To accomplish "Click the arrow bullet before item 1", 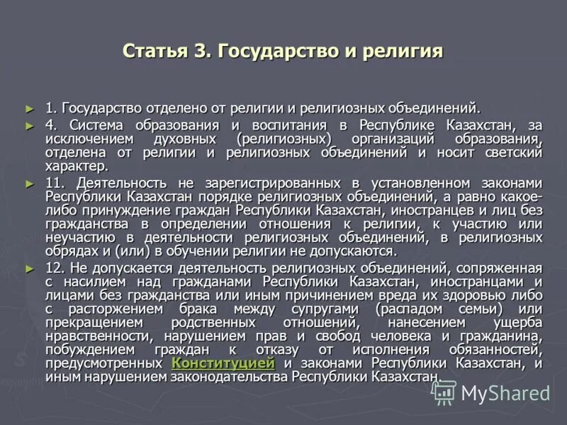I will coord(29,108).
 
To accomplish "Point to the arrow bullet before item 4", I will coord(29,125).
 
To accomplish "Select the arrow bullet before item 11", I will coord(29,183).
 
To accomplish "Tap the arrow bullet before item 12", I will coord(29,268).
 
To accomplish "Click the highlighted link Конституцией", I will coord(223,363).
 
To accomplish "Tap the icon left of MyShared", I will coord(444,392).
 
